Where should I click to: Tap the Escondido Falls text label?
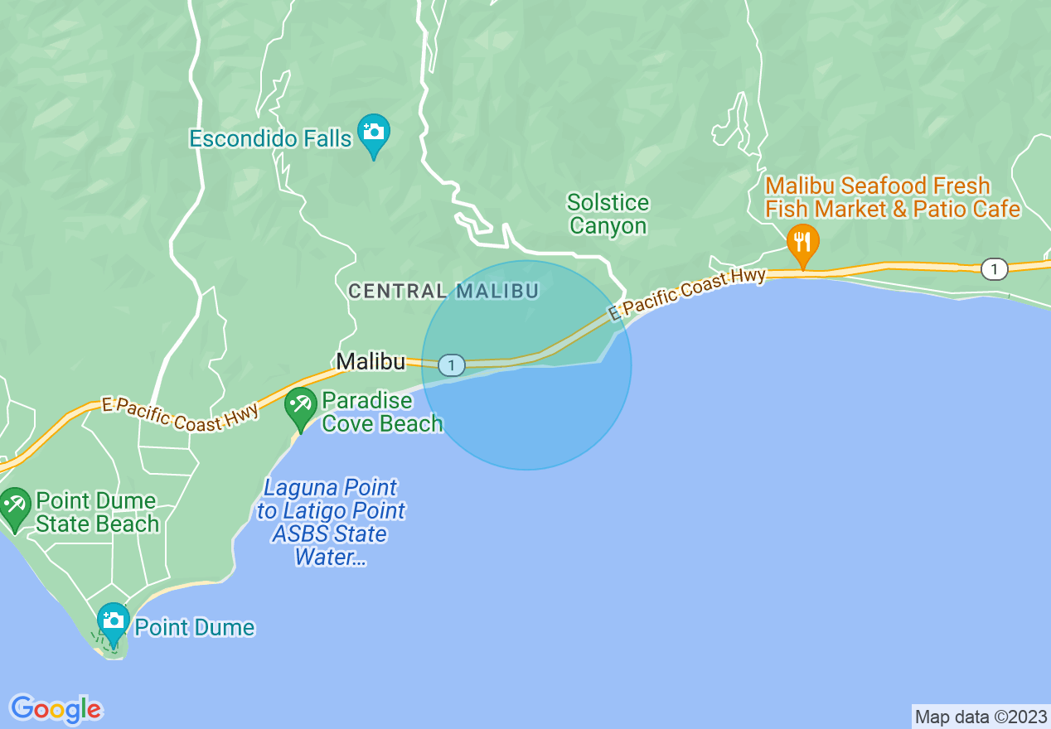pyautogui.click(x=270, y=138)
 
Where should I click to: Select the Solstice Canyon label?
pyautogui.click(x=608, y=215)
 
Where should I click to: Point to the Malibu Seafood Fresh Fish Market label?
pyautogui.click(x=892, y=197)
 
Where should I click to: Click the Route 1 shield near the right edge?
pyautogui.click(x=993, y=268)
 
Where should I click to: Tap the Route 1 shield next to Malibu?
pyautogui.click(x=451, y=364)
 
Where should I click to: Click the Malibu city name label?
pyautogui.click(x=370, y=362)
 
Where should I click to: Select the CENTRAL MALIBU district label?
pyautogui.click(x=443, y=291)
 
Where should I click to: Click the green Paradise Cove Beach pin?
pyautogui.click(x=300, y=406)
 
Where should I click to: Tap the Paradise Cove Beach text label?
pyautogui.click(x=382, y=413)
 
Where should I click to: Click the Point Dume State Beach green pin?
pyautogui.click(x=15, y=506)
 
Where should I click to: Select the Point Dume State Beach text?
pyautogui.click(x=97, y=513)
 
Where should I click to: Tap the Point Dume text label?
pyautogui.click(x=194, y=627)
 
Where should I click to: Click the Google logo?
pyautogui.click(x=56, y=709)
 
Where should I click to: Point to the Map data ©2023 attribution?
pyautogui.click(x=980, y=717)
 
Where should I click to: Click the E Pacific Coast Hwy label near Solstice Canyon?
pyautogui.click(x=686, y=293)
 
